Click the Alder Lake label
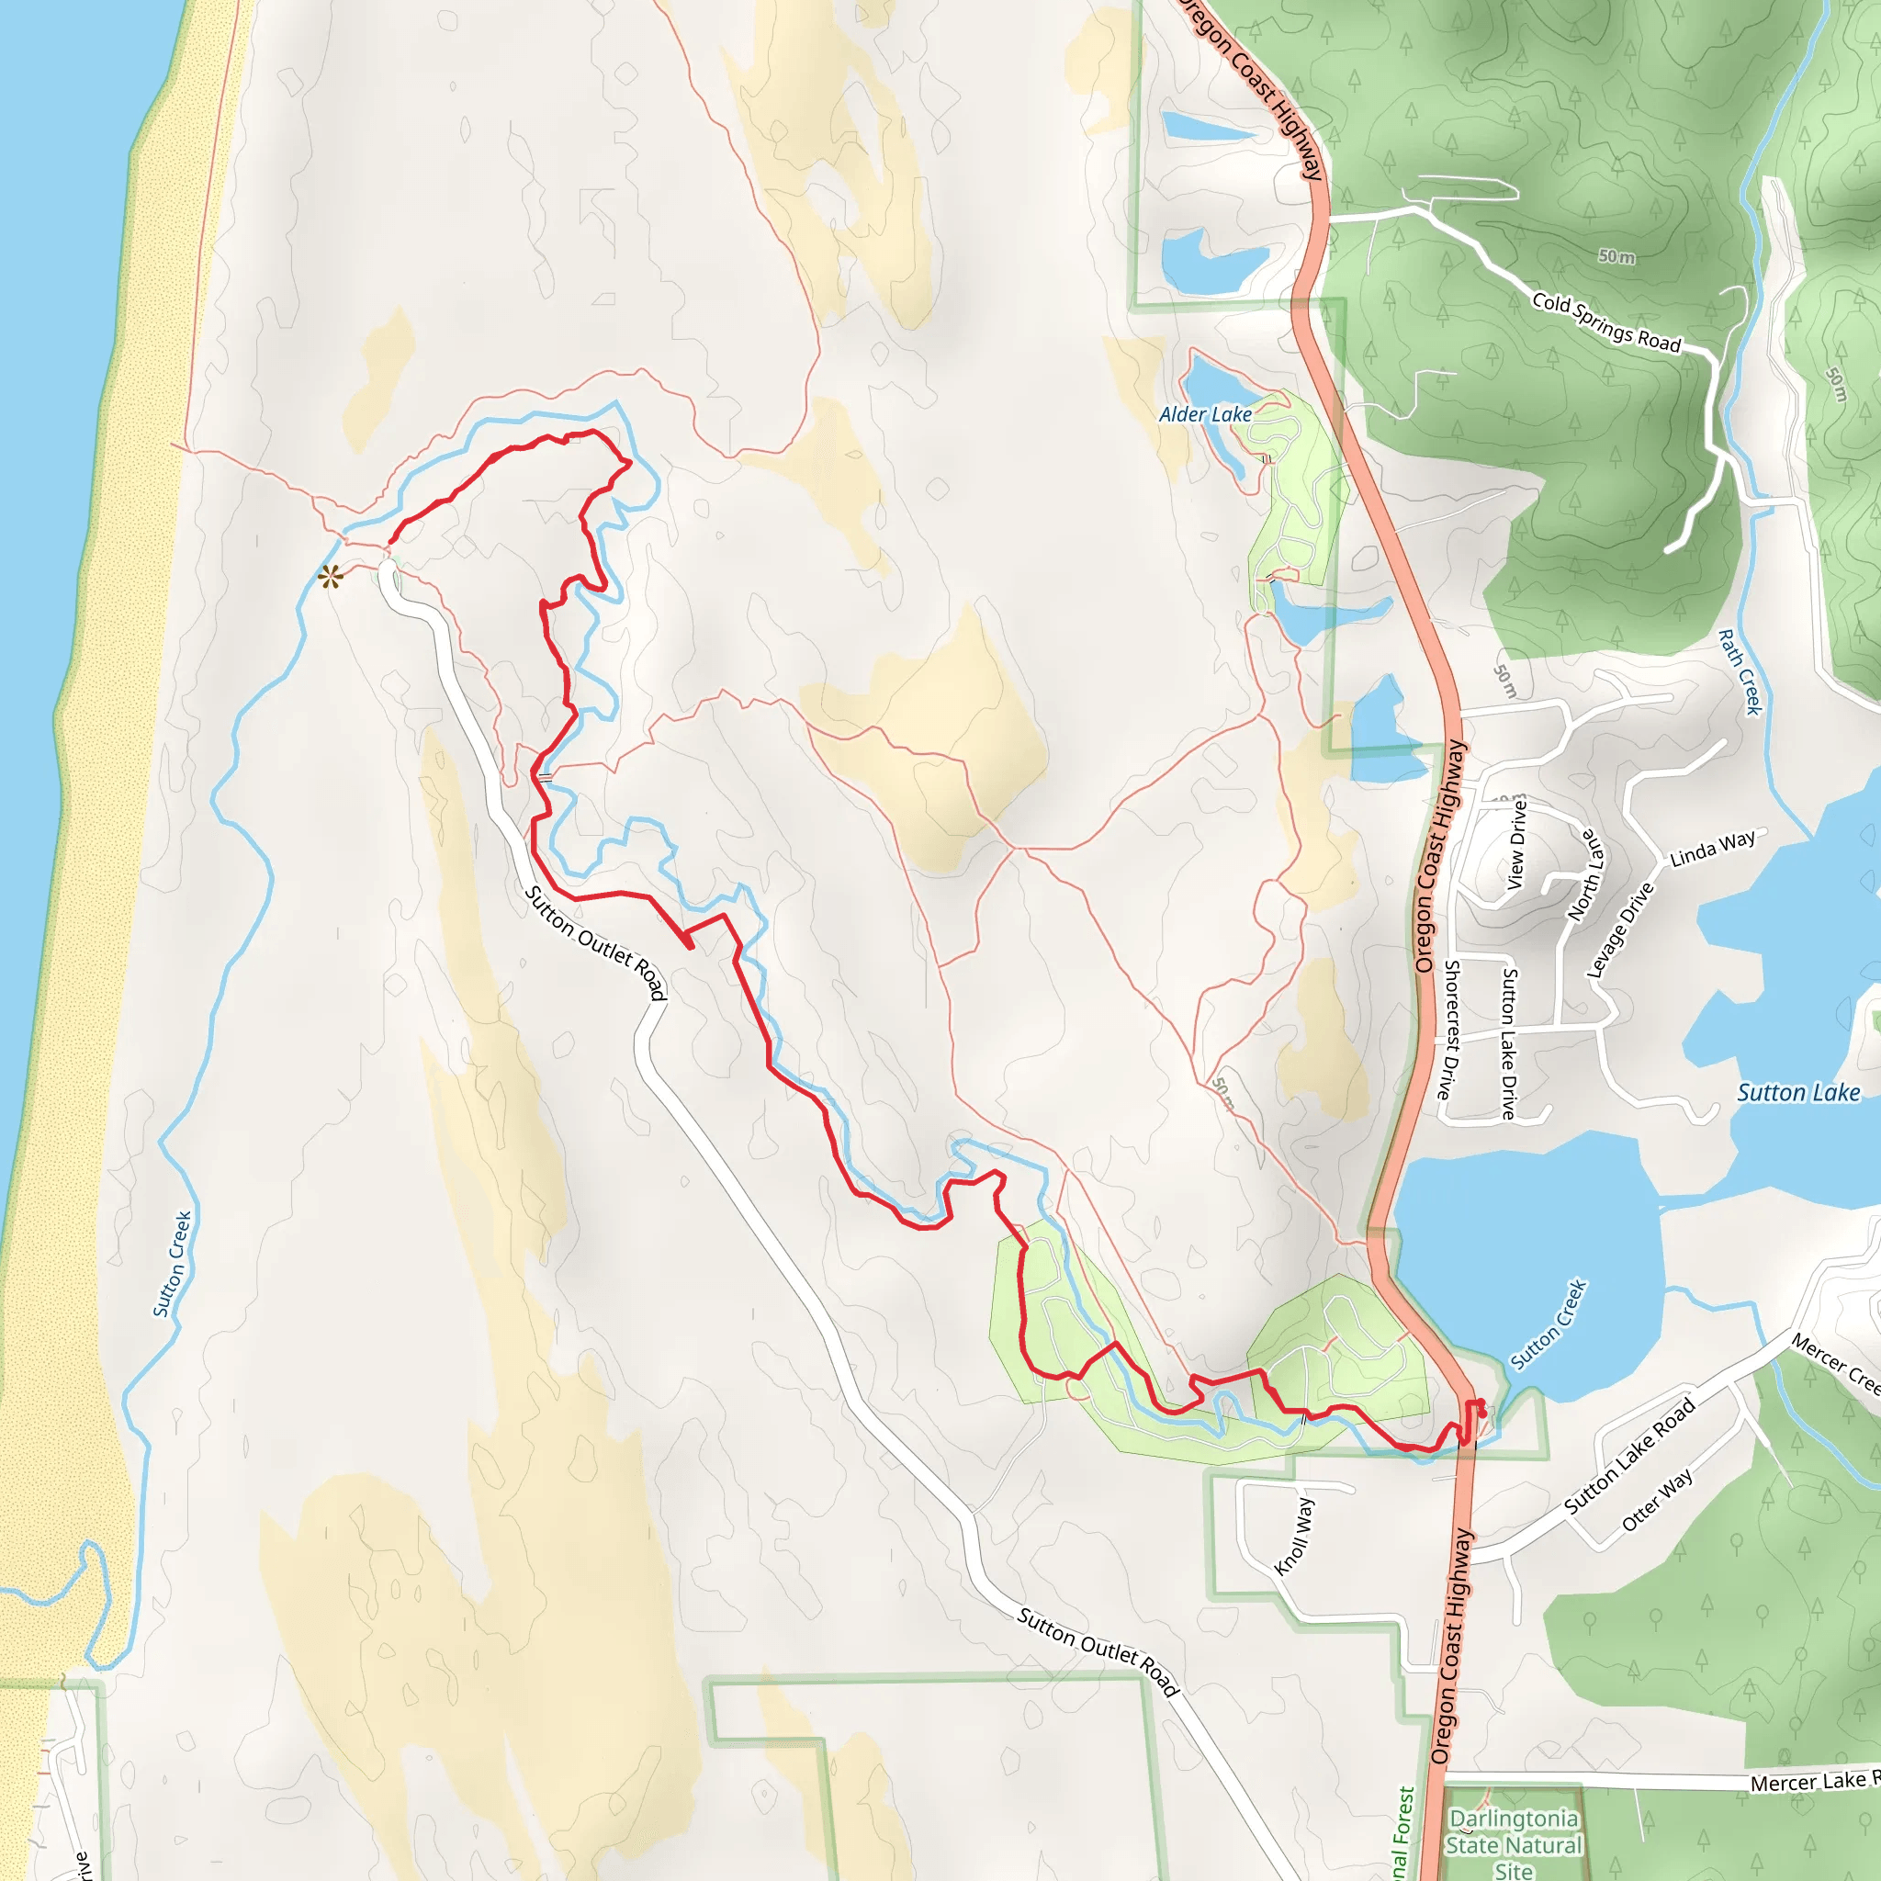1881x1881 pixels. (x=1205, y=415)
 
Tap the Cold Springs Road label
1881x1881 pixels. (x=1606, y=322)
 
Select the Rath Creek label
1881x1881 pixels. (x=1739, y=672)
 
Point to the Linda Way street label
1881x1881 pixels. (x=1713, y=848)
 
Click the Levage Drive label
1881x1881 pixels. (x=1620, y=929)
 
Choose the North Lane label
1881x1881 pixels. (x=1585, y=874)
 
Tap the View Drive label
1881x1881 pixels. (x=1517, y=844)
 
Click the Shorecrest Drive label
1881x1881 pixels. (x=1449, y=1031)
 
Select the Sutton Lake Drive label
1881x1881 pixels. (x=1508, y=1042)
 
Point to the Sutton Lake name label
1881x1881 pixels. (x=1798, y=1093)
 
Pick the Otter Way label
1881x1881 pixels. (x=1657, y=1501)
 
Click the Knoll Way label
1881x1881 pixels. (x=1295, y=1537)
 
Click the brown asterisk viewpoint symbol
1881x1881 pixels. (x=331, y=578)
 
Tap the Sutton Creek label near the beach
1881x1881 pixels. (x=173, y=1264)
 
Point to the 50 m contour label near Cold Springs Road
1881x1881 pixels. (x=1616, y=256)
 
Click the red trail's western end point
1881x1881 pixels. (x=391, y=542)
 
